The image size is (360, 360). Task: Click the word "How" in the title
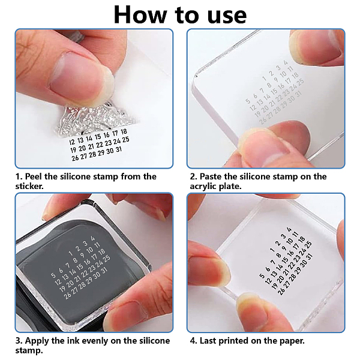(x=140, y=15)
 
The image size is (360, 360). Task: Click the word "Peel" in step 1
(x=34, y=176)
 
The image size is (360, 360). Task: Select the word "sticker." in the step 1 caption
(x=29, y=186)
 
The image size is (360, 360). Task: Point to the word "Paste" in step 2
(x=211, y=176)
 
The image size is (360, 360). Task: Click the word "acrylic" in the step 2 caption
(x=203, y=187)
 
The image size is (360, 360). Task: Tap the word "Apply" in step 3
(x=37, y=341)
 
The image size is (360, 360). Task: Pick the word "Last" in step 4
(x=208, y=340)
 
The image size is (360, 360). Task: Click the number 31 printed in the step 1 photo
(x=119, y=149)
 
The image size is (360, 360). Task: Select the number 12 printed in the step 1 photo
(x=72, y=142)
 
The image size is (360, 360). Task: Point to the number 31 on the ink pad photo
(x=104, y=271)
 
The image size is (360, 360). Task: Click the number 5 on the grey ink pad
(x=53, y=275)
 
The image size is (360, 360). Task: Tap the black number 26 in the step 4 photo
(x=281, y=291)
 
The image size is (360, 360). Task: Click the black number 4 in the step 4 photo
(x=289, y=229)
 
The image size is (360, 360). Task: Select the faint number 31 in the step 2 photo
(x=298, y=94)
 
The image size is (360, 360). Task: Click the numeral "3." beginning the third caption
(x=19, y=340)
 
